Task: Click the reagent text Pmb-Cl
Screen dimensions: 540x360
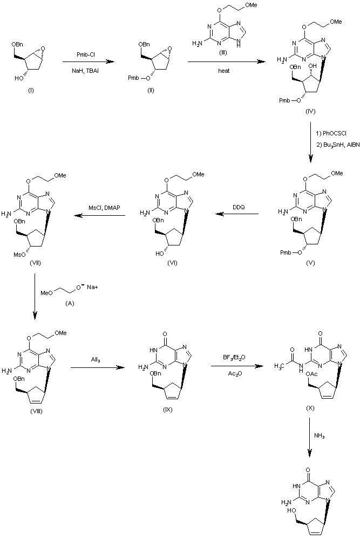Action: (88, 53)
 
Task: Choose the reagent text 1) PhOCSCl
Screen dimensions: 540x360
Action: (330, 132)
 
